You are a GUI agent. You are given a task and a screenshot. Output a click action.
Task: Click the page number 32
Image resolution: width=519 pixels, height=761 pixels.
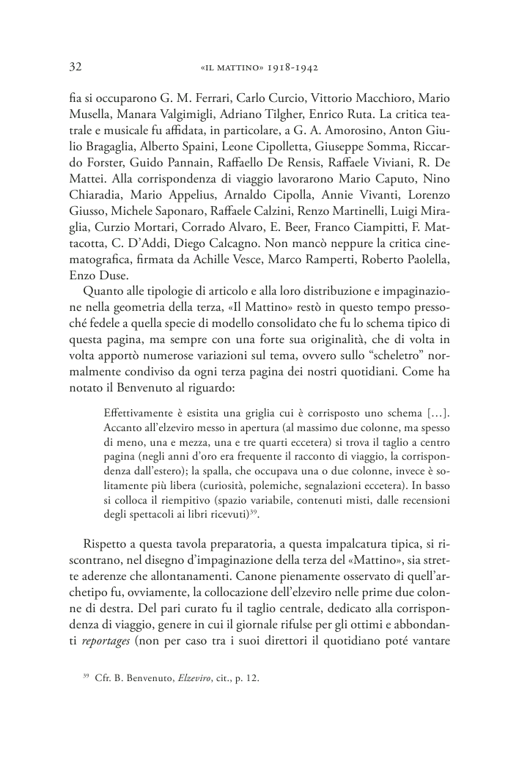(x=74, y=67)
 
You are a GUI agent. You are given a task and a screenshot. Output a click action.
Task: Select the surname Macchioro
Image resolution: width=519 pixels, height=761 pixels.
(x=386, y=98)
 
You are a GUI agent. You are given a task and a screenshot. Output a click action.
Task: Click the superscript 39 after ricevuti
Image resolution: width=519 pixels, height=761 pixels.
(x=253, y=512)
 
